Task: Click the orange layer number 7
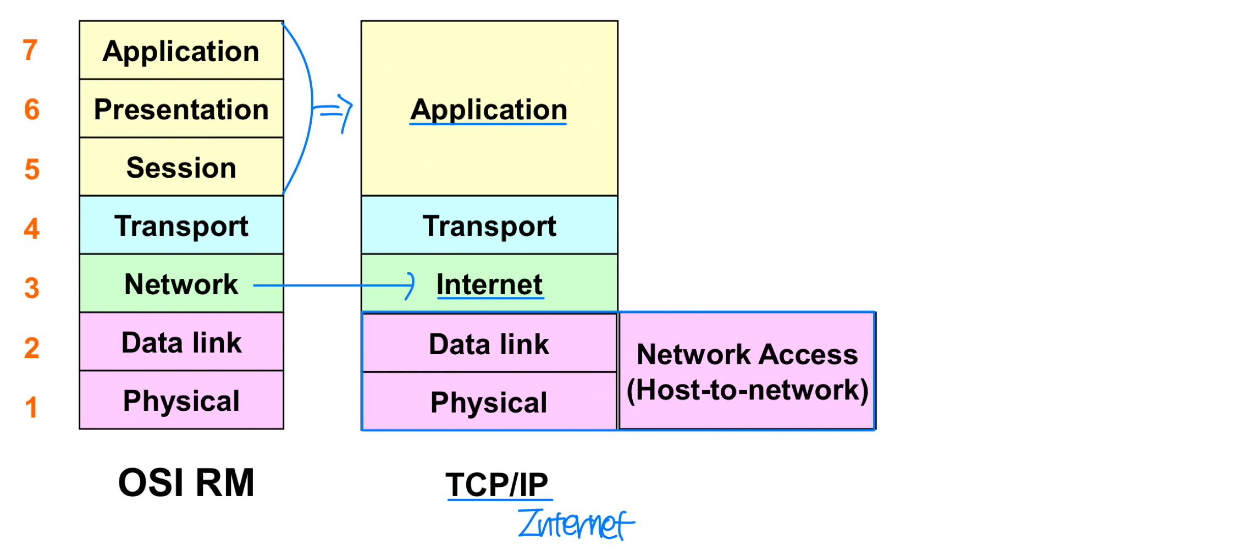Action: [x=30, y=50]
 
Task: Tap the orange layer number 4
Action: [x=32, y=228]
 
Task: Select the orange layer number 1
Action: [x=31, y=408]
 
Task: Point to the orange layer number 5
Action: [x=32, y=169]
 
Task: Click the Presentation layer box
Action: [x=181, y=109]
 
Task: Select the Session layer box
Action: [x=181, y=167]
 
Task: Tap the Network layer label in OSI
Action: [x=181, y=284]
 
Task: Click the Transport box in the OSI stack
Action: [x=181, y=226]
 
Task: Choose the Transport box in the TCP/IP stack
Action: [x=489, y=226]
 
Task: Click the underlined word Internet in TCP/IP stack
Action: [x=489, y=284]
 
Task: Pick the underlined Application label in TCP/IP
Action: [x=489, y=109]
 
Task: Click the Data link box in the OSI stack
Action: [x=181, y=342]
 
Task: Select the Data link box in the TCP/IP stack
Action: [x=489, y=344]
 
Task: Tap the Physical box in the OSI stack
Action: [x=181, y=400]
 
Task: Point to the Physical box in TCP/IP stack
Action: [x=489, y=402]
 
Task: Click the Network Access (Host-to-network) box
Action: [x=747, y=371]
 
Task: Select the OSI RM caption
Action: [x=186, y=483]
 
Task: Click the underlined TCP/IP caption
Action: [x=497, y=485]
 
